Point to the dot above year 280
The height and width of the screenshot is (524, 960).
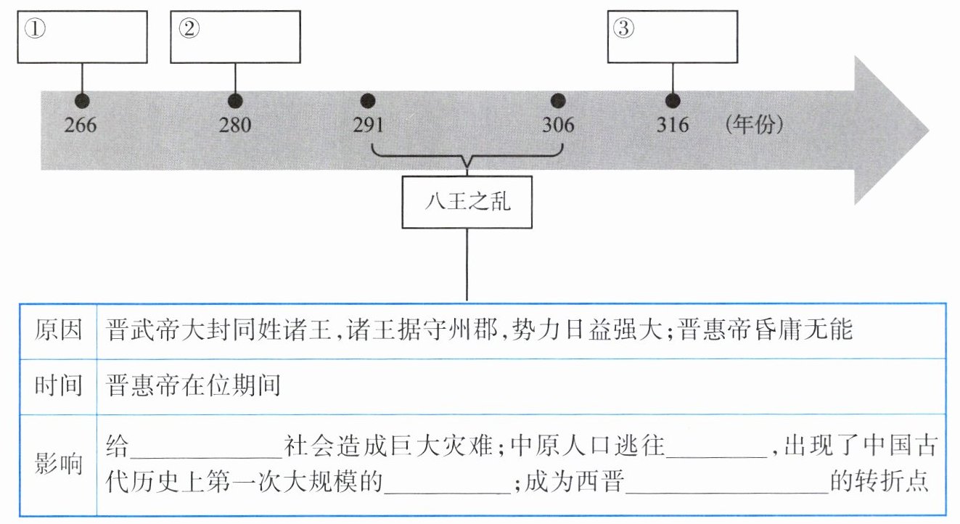(234, 100)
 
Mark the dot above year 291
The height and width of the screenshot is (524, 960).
(368, 100)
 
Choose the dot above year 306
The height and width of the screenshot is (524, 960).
(558, 100)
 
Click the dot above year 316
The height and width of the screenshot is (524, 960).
(673, 100)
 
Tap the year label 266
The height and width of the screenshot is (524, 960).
(81, 126)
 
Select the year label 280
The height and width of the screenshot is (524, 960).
(235, 126)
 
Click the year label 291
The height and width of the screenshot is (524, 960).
(368, 126)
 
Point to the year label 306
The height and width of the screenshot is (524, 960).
(558, 126)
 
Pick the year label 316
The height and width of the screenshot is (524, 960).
(673, 126)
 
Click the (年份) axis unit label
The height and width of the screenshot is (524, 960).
(754, 125)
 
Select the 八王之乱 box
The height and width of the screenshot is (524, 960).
(467, 201)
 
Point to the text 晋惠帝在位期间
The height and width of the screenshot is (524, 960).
(193, 386)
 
